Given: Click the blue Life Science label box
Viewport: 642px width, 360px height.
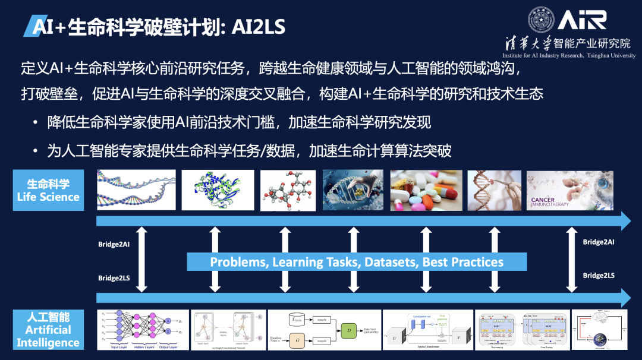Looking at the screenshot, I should click(x=48, y=190).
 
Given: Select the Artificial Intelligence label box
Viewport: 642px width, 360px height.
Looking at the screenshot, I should click(x=48, y=330).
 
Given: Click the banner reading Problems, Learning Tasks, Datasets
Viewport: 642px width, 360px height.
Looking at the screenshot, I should click(x=357, y=262).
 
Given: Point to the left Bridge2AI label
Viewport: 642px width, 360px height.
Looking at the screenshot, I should click(x=114, y=244).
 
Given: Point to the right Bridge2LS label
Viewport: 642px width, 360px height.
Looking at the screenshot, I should click(x=599, y=276).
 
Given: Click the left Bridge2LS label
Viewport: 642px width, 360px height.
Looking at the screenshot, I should click(x=114, y=278).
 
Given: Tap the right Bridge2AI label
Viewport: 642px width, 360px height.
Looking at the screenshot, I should click(x=599, y=242).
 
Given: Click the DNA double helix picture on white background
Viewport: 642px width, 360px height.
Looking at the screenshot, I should click(x=136, y=190).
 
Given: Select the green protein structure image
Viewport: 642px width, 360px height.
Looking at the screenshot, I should click(x=218, y=190).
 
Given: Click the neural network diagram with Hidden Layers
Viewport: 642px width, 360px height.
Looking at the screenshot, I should click(x=140, y=329).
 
